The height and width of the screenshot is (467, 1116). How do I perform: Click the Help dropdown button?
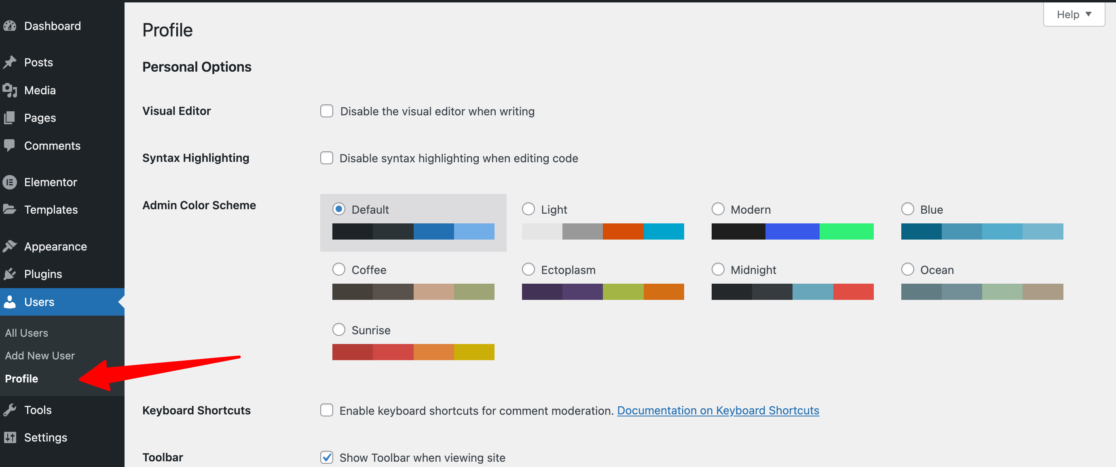[1074, 15]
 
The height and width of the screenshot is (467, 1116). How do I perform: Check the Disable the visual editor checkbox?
[327, 111]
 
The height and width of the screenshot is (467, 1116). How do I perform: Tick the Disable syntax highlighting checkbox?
[327, 158]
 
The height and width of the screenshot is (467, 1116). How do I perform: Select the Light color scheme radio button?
[528, 209]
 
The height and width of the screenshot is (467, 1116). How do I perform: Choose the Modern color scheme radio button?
[718, 209]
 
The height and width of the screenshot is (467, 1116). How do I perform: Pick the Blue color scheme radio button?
[907, 209]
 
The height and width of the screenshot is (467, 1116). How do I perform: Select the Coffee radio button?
[339, 269]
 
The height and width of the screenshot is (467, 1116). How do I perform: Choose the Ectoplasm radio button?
[528, 269]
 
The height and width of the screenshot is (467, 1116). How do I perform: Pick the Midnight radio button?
[718, 269]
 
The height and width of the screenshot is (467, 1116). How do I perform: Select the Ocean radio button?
[907, 269]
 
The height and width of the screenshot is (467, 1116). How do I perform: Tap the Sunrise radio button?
[339, 329]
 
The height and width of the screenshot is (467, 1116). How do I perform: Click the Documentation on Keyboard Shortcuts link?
[718, 410]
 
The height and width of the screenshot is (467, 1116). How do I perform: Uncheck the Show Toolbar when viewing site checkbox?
[327, 457]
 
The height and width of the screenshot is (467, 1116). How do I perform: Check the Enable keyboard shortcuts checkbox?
[327, 410]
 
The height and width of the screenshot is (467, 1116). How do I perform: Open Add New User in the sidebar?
[40, 356]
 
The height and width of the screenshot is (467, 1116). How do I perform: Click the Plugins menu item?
[43, 274]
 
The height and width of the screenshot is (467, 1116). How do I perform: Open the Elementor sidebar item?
[51, 182]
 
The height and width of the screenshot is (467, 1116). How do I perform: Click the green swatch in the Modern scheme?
[846, 231]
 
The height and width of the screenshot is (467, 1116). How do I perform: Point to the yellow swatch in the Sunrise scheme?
[474, 352]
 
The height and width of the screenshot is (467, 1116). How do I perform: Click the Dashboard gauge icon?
[10, 26]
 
